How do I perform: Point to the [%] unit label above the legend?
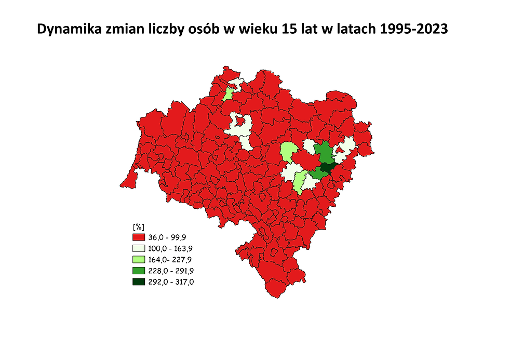click(x=138, y=226)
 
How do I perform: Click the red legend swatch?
click(x=139, y=237)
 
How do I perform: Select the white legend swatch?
click(x=139, y=248)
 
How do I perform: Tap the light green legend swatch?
click(x=139, y=259)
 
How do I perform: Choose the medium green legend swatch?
click(x=139, y=271)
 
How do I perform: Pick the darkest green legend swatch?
click(x=139, y=282)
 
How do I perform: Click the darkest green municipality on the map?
click(x=328, y=167)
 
